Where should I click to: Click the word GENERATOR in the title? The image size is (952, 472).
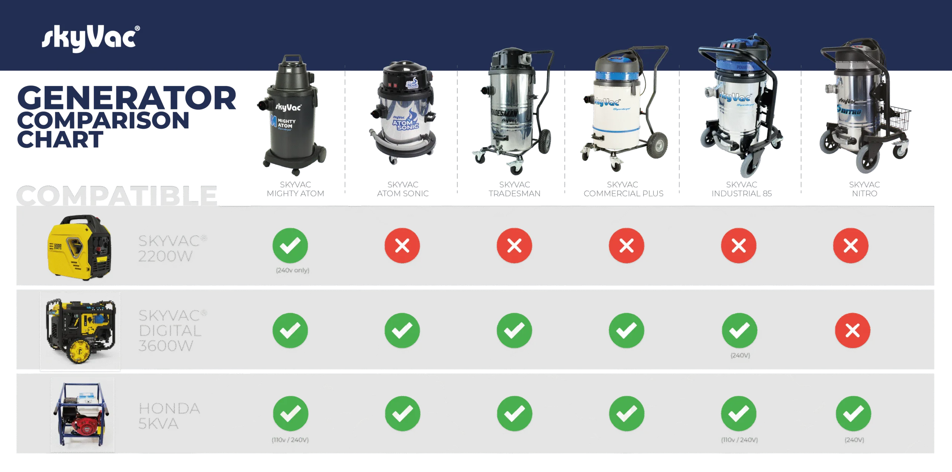click(x=126, y=97)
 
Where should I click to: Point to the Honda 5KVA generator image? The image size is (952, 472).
click(x=82, y=414)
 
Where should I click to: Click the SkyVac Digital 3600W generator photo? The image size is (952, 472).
click(x=80, y=331)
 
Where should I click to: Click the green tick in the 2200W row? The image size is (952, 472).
click(x=290, y=245)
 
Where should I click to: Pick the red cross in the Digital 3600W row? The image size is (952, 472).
click(x=852, y=331)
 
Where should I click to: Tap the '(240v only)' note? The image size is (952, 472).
click(x=293, y=270)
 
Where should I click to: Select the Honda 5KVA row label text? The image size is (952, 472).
click(x=169, y=416)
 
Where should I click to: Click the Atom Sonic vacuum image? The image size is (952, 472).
click(x=403, y=112)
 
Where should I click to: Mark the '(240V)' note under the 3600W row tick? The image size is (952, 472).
click(x=740, y=356)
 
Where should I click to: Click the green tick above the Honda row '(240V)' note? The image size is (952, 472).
click(x=853, y=414)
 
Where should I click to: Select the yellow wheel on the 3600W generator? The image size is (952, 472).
click(x=79, y=351)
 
